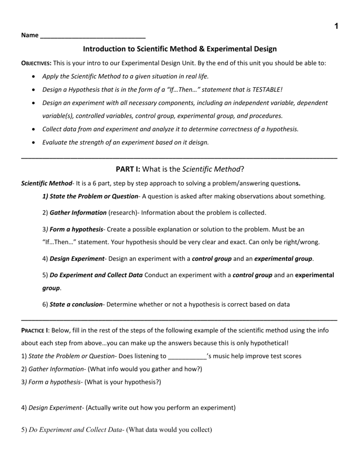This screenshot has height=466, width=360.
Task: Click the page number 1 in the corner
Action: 336,26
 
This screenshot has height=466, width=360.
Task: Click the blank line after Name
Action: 93,36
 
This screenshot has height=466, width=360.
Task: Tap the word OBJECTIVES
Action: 36,63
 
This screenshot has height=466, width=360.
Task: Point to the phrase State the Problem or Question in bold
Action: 90,196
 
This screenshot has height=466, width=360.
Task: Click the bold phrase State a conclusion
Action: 76,304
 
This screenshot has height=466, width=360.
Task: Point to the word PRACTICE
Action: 35,330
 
